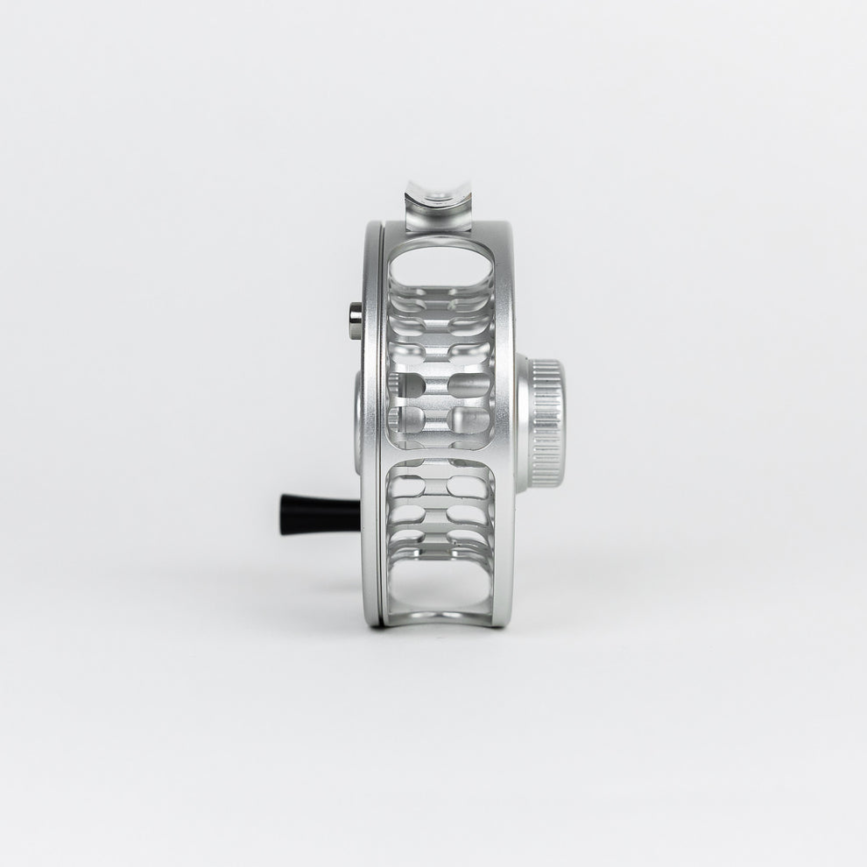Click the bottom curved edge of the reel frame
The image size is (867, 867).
click(442, 620)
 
